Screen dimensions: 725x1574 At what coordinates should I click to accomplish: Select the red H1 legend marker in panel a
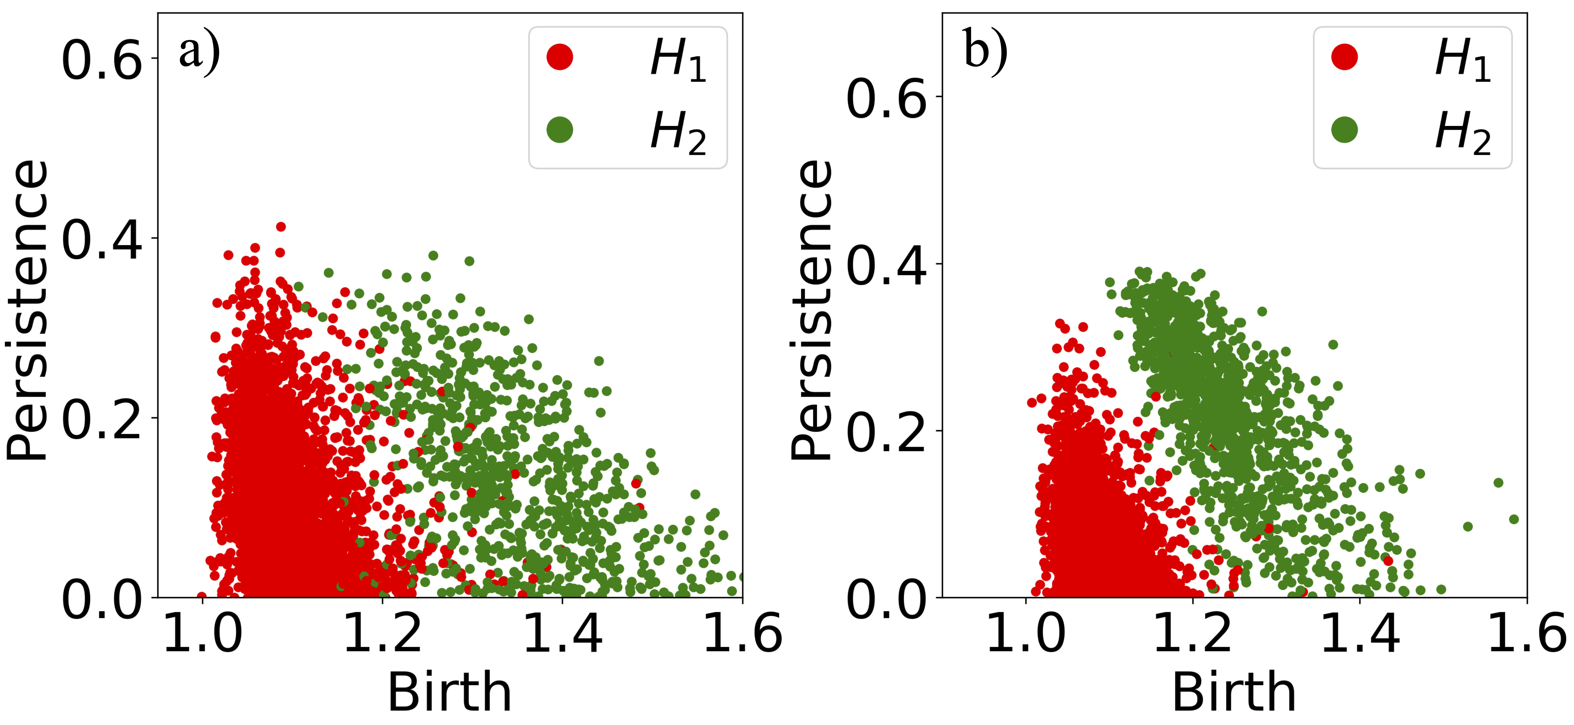560,57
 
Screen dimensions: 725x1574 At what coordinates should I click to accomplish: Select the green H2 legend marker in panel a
560,129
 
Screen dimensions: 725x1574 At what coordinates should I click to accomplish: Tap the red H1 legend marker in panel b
1344,57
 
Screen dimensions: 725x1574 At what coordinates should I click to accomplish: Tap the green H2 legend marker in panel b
1344,129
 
